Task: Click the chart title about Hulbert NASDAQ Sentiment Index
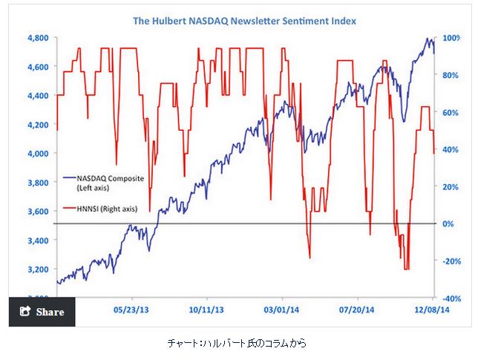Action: tap(244, 22)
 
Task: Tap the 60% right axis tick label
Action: tap(452, 113)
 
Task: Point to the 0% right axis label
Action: tap(450, 223)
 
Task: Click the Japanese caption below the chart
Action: tap(235, 343)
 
